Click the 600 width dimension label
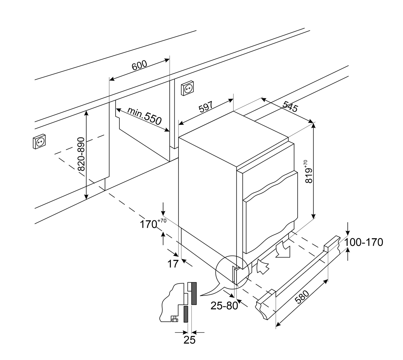(139, 65)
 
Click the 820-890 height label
(81, 154)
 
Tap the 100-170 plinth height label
(364, 242)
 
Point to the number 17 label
(173, 263)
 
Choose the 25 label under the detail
(189, 340)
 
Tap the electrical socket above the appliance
(187, 89)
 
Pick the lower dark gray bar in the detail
(186, 314)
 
